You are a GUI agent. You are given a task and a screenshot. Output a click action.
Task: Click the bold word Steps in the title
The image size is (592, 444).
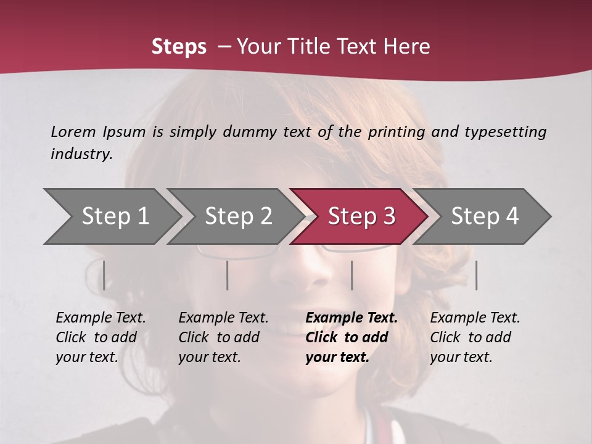click(179, 47)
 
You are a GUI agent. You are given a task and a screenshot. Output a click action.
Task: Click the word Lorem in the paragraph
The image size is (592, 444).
click(73, 131)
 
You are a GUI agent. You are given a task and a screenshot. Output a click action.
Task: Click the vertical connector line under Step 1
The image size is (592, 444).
click(104, 275)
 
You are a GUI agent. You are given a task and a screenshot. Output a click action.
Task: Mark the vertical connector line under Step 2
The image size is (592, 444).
click(228, 275)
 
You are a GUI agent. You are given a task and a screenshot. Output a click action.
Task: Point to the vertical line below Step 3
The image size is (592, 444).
click(351, 275)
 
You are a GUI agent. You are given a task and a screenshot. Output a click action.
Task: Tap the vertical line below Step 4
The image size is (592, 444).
click(476, 275)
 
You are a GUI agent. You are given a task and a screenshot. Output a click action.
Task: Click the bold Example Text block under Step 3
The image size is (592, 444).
click(351, 337)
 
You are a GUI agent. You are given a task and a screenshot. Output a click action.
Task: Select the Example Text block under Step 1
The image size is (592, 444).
click(101, 337)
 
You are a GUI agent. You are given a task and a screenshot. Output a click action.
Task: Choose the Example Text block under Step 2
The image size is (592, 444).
click(223, 337)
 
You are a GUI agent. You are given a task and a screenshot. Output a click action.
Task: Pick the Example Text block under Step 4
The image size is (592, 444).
click(475, 337)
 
